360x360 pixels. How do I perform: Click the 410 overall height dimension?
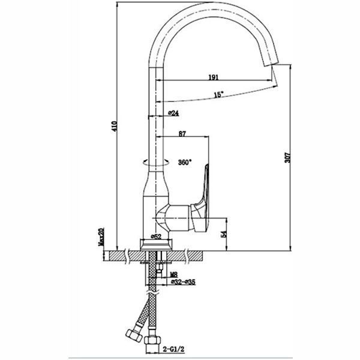point(115,126)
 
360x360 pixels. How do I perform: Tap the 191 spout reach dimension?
point(214,77)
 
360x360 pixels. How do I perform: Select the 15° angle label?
point(218,94)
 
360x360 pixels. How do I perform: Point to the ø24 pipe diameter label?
point(173,113)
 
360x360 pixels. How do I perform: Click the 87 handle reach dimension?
point(182,134)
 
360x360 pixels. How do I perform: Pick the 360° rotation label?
point(185,163)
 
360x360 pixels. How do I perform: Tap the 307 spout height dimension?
point(287,157)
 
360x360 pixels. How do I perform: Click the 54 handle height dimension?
point(224,234)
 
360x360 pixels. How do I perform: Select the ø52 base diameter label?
point(156,236)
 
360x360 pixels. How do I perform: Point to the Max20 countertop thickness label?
point(101,237)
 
